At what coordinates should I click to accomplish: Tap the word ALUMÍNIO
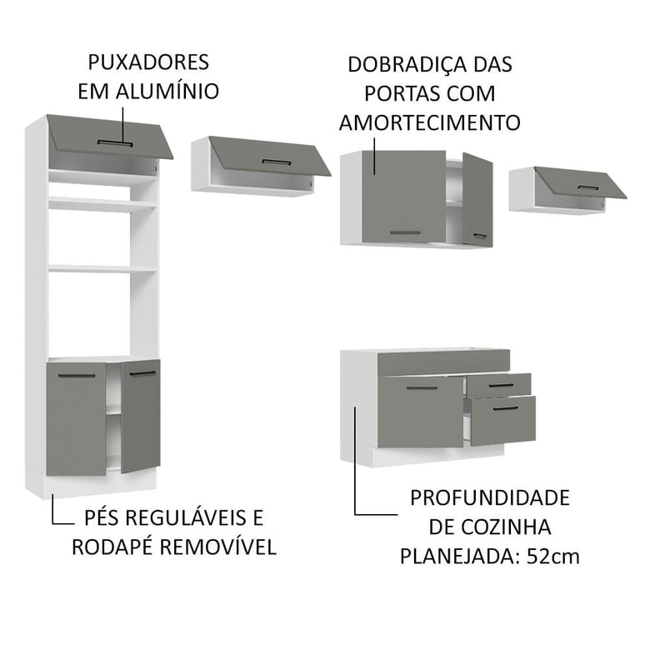coord(173,91)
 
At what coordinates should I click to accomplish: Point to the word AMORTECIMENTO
coord(430,122)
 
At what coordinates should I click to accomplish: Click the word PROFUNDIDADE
coord(490,498)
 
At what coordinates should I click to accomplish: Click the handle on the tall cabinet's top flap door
coord(115,142)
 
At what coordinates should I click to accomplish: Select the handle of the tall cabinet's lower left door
coord(77,377)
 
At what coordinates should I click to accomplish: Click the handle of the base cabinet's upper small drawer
coord(501,385)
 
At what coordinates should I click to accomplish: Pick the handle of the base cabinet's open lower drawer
coord(506,407)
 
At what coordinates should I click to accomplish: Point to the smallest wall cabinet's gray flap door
coord(581,182)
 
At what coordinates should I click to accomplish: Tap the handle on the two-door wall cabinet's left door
coord(405,232)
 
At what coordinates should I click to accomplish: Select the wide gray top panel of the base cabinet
coord(442,362)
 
